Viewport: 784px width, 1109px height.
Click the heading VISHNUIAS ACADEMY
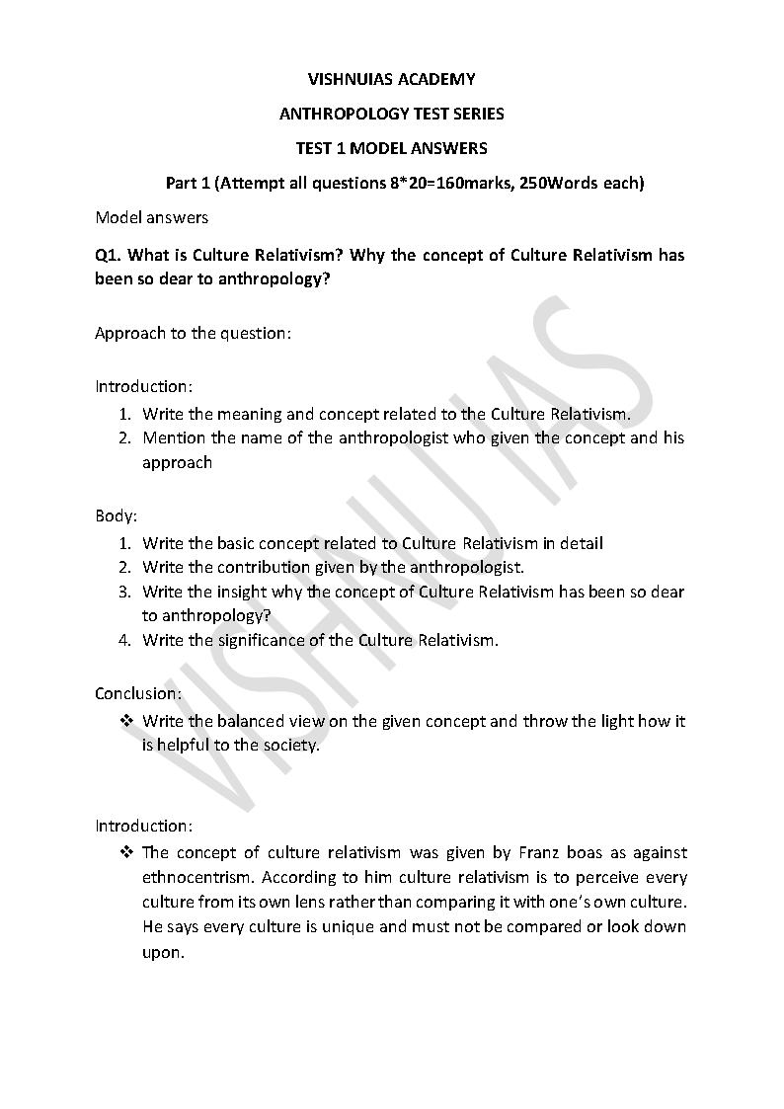[x=391, y=79]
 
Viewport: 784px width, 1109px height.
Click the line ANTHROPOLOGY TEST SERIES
[x=391, y=114]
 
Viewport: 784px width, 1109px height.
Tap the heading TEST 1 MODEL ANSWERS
[x=391, y=148]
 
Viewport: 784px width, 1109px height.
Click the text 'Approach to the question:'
[x=193, y=333]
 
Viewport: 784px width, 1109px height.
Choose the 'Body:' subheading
[x=116, y=515]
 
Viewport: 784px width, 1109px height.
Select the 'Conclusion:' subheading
[x=138, y=693]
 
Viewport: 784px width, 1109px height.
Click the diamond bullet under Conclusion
[x=126, y=721]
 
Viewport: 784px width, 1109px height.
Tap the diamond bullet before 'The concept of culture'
[x=126, y=851]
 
